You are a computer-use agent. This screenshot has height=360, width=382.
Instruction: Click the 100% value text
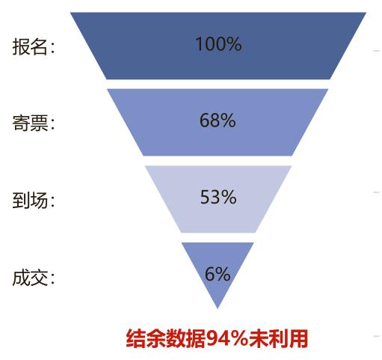[218, 44]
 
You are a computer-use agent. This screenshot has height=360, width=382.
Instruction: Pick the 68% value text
[218, 120]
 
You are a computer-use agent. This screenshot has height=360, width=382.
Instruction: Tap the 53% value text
[218, 197]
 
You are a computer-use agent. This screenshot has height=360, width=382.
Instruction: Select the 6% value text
[218, 274]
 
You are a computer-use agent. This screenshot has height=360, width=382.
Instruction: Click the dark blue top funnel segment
[218, 46]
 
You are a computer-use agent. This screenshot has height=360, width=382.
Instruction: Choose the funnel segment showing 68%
[218, 122]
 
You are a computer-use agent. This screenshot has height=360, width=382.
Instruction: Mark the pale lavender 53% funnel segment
[218, 199]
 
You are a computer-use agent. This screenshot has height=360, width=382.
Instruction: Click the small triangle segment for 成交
[218, 269]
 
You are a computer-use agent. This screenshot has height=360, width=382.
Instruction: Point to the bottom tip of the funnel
[218, 308]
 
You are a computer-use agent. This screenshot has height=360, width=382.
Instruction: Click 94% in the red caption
[227, 338]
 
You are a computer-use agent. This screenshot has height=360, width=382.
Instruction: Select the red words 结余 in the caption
[146, 338]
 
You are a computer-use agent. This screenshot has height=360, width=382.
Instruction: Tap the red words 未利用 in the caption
[278, 338]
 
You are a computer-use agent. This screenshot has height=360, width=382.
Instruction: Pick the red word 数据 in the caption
[186, 338]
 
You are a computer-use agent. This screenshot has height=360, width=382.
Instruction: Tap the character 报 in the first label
[21, 46]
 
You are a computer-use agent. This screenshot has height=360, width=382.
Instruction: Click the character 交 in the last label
[39, 278]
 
